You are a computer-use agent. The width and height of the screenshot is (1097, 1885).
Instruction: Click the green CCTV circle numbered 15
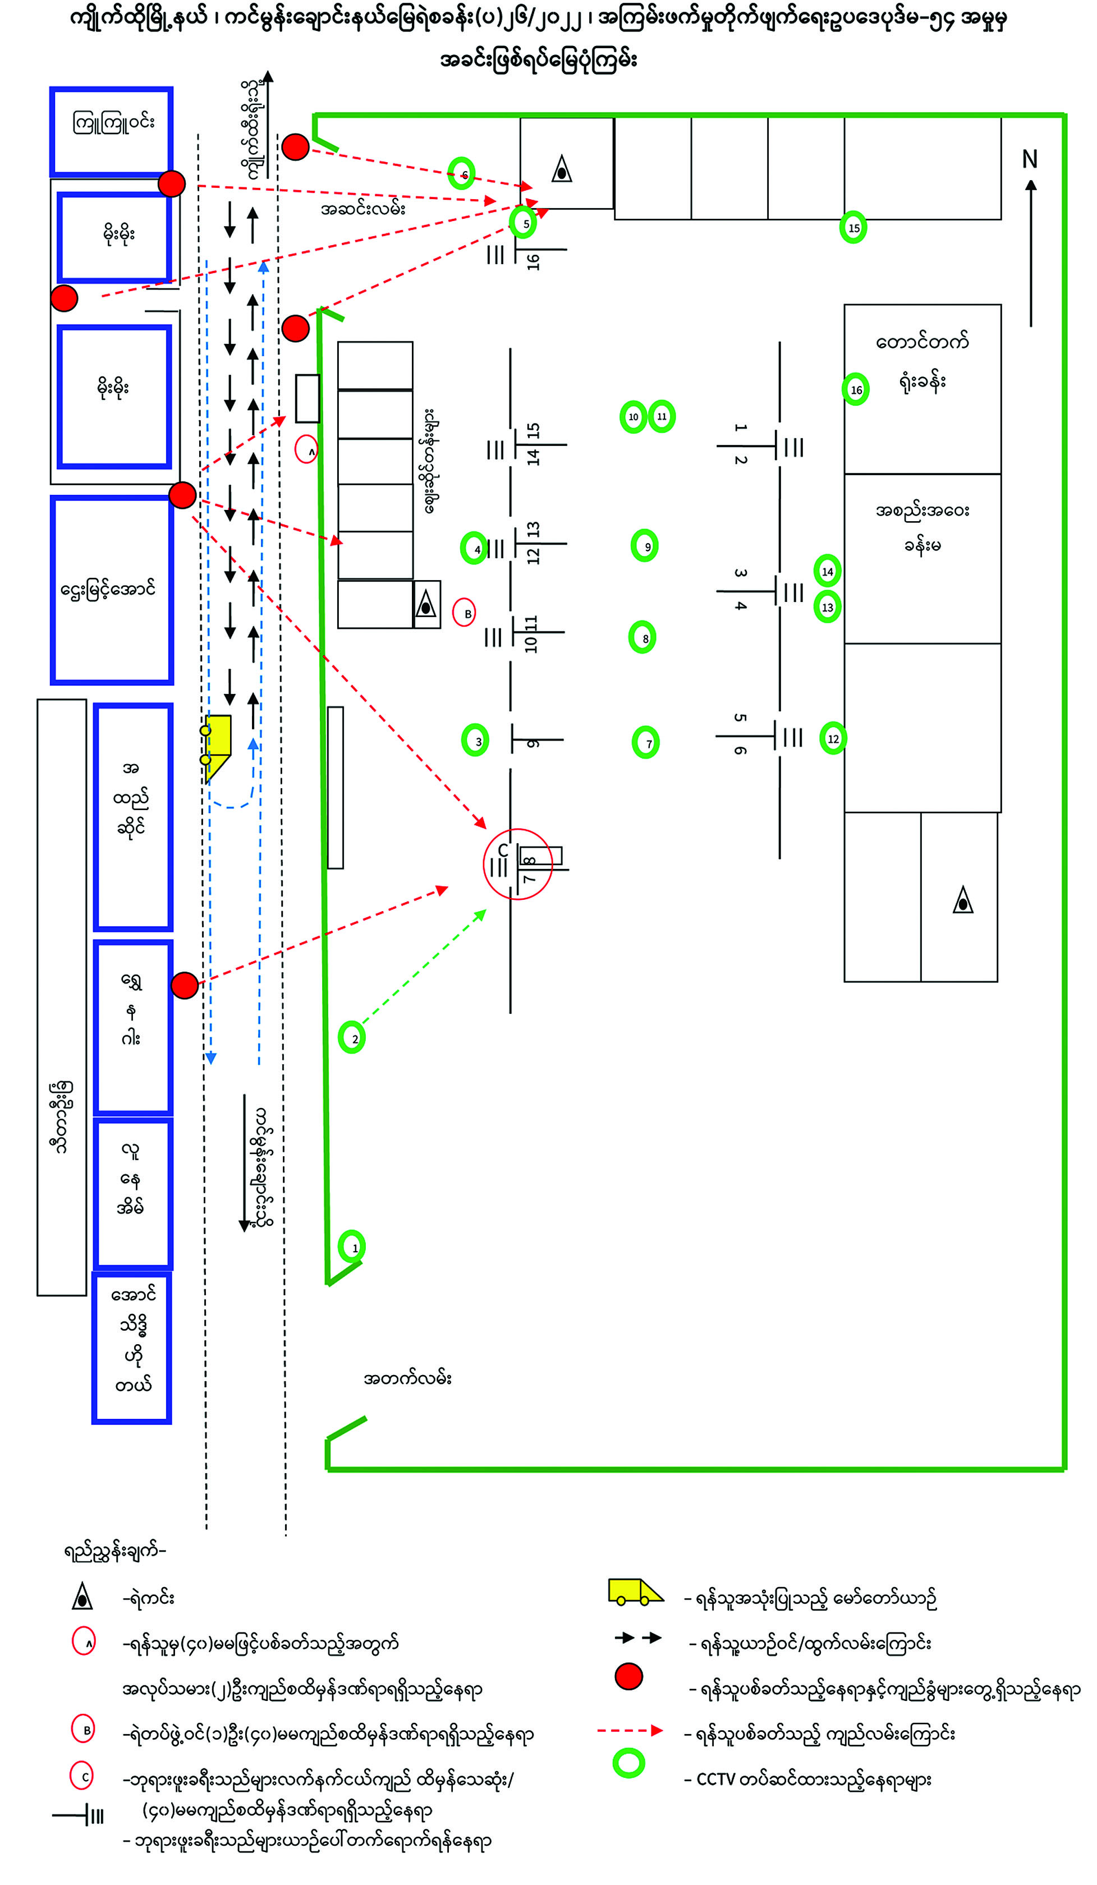[x=853, y=227]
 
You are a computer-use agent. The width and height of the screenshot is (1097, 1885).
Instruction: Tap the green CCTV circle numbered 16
[x=855, y=389]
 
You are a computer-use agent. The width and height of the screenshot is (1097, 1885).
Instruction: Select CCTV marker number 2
[x=352, y=1037]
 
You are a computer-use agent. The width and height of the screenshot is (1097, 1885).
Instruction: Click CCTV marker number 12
[x=833, y=738]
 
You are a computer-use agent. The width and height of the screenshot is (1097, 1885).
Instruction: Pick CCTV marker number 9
[x=644, y=546]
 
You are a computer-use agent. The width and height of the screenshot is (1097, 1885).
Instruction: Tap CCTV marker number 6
[x=461, y=173]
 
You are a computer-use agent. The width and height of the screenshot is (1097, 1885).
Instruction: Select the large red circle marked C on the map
[x=517, y=864]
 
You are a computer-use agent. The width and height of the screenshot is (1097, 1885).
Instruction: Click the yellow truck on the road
[x=218, y=744]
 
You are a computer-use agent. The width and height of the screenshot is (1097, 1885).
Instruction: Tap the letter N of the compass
[x=1030, y=159]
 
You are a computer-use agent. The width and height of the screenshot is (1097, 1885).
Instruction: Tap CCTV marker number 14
[x=827, y=571]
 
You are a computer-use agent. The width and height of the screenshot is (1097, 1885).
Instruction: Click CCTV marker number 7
[x=646, y=742]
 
